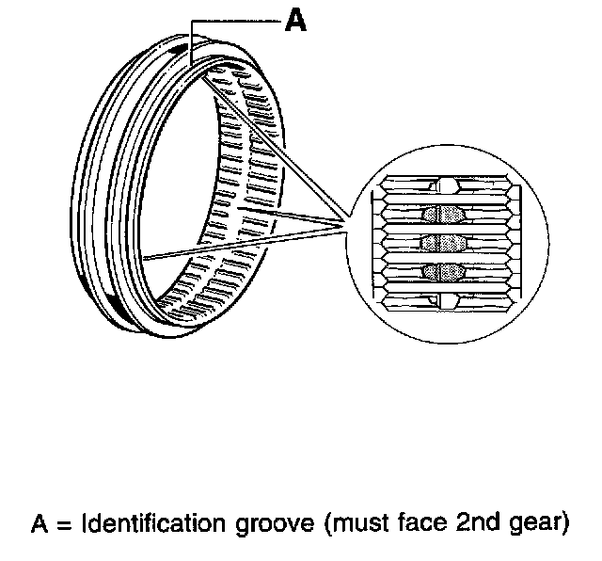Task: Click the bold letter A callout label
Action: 295,22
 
